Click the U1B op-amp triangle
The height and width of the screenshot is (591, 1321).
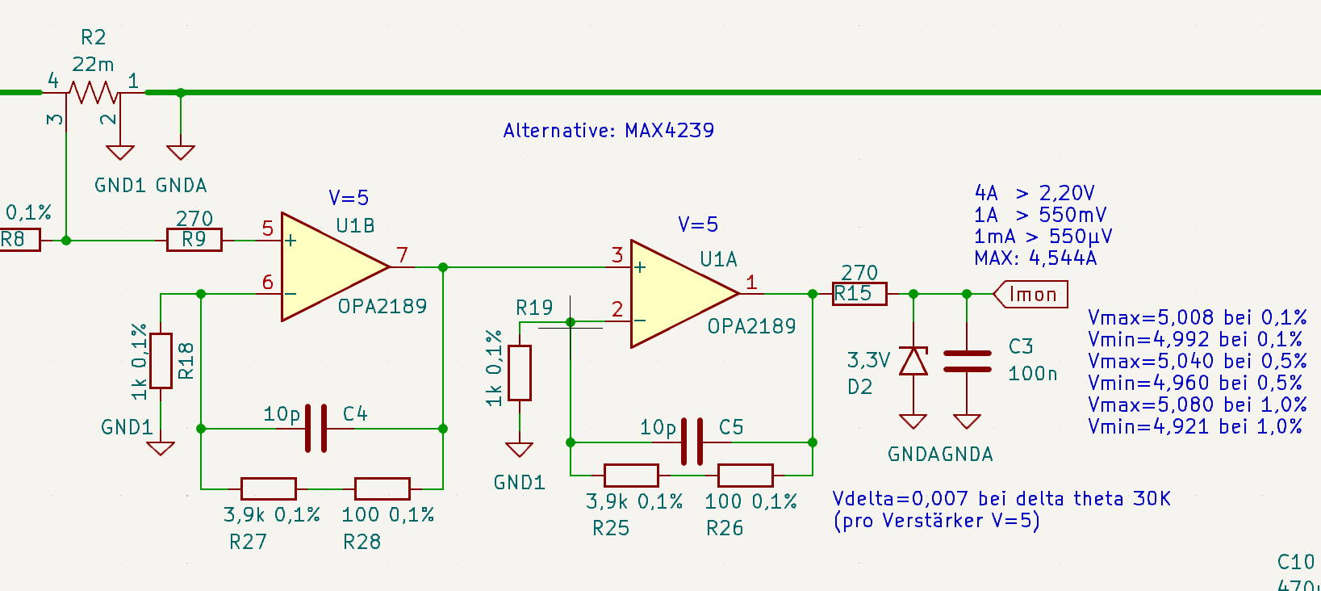pos(330,267)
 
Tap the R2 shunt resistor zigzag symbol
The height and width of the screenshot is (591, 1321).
pos(93,93)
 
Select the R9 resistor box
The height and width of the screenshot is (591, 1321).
pos(194,240)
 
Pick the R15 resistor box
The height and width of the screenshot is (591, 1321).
pos(859,294)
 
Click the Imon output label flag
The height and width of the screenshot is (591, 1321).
pos(1030,294)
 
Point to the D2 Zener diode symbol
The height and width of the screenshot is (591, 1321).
pos(913,361)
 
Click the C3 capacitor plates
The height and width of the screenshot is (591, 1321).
pos(968,361)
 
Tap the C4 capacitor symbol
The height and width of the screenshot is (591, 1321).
pos(316,428)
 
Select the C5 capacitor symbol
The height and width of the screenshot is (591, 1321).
pos(692,442)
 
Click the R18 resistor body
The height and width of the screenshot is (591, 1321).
pos(161,361)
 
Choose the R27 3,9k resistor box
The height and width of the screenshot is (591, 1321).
pos(269,489)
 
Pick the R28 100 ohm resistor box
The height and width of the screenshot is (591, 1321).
pos(383,489)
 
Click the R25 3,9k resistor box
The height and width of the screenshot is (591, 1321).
pos(631,476)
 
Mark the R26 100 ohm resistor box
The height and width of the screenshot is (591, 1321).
pos(745,476)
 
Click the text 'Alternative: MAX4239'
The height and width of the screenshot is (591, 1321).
pos(608,130)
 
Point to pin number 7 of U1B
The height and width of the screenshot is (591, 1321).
pos(402,255)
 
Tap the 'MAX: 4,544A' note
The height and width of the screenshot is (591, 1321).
pos(1035,258)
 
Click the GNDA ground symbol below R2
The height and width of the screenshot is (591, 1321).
pos(181,152)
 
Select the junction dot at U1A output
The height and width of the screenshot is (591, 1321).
pos(812,294)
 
